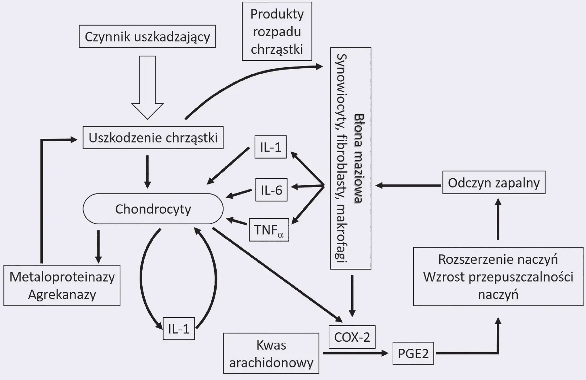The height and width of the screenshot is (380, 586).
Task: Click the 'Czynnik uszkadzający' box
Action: click(x=147, y=36)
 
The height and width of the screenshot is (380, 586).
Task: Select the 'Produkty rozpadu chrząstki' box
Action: click(x=277, y=31)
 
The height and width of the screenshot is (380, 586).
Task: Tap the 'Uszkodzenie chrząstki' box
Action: click(x=153, y=138)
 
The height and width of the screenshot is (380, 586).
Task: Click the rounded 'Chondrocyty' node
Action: click(x=153, y=209)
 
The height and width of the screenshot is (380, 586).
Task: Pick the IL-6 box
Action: click(x=271, y=190)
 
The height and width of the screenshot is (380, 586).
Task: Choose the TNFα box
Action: click(x=269, y=230)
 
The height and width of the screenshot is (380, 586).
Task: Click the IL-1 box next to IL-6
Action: click(x=270, y=147)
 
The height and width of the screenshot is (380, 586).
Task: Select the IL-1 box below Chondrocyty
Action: click(x=179, y=329)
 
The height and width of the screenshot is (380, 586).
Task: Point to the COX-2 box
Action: click(x=352, y=337)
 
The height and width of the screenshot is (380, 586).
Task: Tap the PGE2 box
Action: click(x=413, y=353)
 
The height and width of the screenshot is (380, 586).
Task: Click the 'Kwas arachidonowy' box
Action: click(x=271, y=353)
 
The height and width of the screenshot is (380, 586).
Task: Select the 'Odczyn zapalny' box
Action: click(x=493, y=183)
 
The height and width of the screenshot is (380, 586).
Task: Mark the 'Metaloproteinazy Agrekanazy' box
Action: click(x=62, y=286)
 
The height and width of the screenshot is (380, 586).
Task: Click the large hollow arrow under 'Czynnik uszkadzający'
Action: click(x=147, y=87)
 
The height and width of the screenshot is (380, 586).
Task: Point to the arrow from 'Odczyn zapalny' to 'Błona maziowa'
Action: click(x=408, y=185)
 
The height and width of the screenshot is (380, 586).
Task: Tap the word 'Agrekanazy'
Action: click(x=62, y=295)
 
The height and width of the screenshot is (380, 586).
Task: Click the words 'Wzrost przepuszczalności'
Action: click(x=498, y=277)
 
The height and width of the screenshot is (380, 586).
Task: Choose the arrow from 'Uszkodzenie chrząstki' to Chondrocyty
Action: click(x=147, y=171)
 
